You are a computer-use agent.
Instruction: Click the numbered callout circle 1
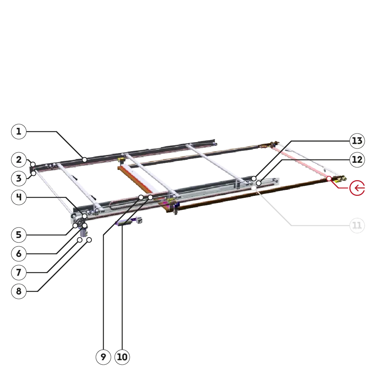(x=19, y=131)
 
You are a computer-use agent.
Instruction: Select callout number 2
(x=19, y=160)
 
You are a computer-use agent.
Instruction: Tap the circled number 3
(x=19, y=178)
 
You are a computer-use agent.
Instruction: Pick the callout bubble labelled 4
(x=19, y=197)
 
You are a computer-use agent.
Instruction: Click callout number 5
(x=19, y=235)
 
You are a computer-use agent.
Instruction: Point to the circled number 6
(x=19, y=254)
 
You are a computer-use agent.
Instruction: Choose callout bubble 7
(x=19, y=272)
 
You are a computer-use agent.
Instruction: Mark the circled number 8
(x=19, y=291)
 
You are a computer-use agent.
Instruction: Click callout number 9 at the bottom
(x=103, y=357)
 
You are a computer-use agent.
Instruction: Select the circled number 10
(x=122, y=357)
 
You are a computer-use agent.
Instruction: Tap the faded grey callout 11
(x=357, y=225)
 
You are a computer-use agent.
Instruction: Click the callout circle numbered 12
(x=357, y=160)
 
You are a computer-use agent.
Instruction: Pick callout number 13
(x=357, y=141)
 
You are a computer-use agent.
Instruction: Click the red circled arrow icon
(x=357, y=188)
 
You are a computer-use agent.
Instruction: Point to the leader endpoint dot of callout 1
(x=84, y=160)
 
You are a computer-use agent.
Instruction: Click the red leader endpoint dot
(x=329, y=179)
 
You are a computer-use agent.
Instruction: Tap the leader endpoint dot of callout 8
(x=89, y=240)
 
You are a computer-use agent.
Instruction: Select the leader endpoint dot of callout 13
(x=254, y=179)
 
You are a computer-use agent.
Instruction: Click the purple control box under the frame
(x=124, y=223)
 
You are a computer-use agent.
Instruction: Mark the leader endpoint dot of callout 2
(x=33, y=165)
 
